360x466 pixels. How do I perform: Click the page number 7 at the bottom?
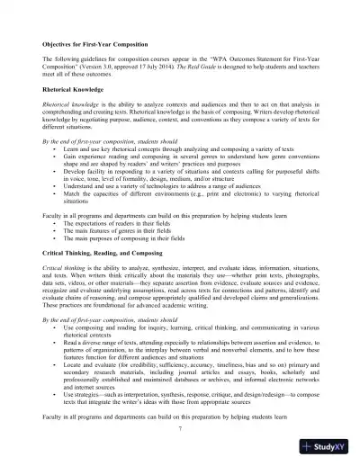[180, 429]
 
